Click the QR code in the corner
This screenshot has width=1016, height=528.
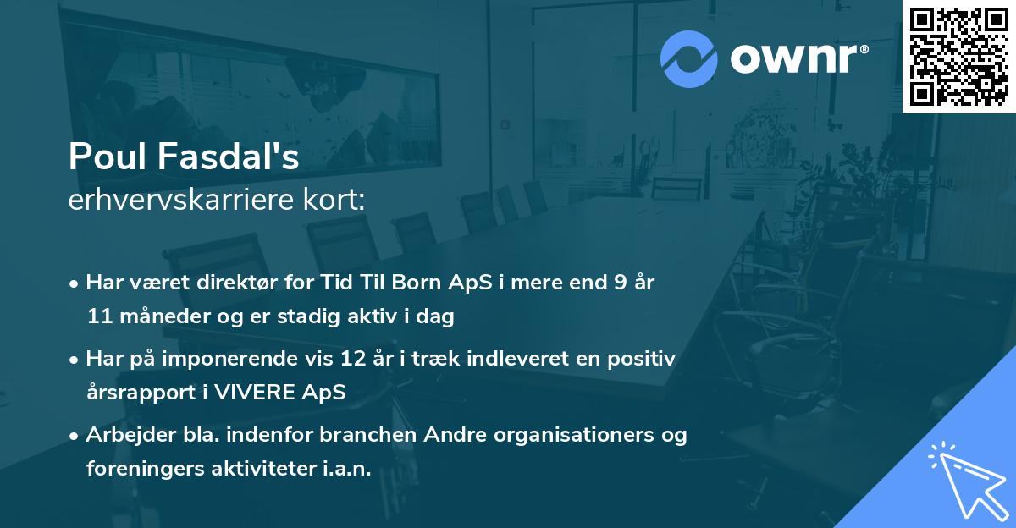958,57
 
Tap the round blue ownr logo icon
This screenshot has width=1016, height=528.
688,59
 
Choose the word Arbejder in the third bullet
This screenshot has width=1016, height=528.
123,435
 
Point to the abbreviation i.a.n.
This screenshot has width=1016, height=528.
342,469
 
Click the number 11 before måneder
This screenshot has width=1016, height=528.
97,316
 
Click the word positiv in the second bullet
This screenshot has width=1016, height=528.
643,359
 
